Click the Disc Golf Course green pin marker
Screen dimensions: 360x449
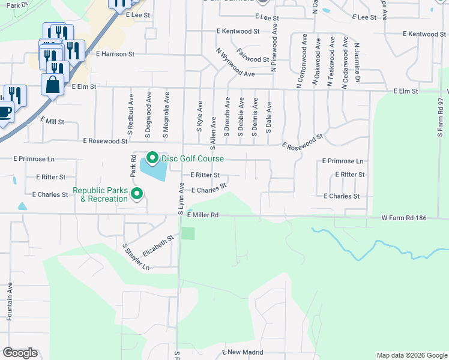tap(152, 158)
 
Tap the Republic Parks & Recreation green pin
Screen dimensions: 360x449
tap(137, 194)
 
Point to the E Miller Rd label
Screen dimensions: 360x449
tap(202, 215)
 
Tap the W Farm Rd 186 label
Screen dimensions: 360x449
tap(403, 218)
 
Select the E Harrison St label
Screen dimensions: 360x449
tap(115, 54)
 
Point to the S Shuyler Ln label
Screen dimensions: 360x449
tap(136, 257)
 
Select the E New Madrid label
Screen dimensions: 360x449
tap(244, 352)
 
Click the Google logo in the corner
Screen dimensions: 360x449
tap(20, 353)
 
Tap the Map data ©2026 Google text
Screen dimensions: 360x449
tap(411, 355)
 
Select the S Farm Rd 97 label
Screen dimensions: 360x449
tap(441, 120)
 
